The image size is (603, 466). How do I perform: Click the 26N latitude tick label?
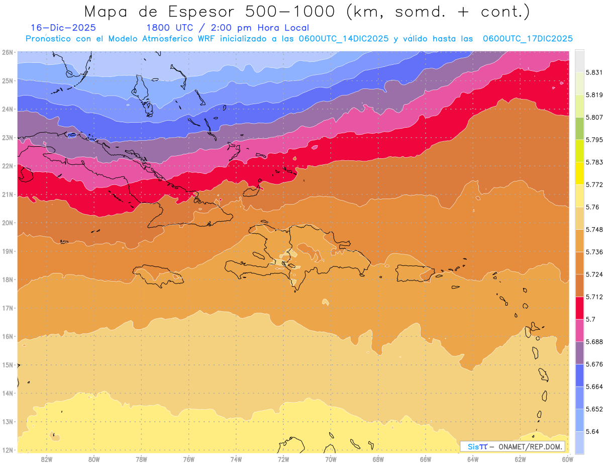click(x=8, y=52)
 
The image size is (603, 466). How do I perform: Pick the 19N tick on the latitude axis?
click(x=8, y=251)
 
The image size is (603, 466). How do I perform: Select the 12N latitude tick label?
click(x=8, y=450)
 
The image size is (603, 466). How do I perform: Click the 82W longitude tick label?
click(x=47, y=459)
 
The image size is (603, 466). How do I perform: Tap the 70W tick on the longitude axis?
click(x=331, y=459)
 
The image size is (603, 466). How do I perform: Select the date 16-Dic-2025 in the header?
click(x=63, y=28)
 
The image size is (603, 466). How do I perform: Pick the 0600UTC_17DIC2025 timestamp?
click(x=528, y=38)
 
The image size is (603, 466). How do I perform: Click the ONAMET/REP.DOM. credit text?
click(x=531, y=446)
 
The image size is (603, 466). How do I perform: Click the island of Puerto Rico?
click(x=414, y=273)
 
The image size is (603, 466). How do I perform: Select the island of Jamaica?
click(x=157, y=276)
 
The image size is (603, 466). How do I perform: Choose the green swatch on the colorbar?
click(x=579, y=132)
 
